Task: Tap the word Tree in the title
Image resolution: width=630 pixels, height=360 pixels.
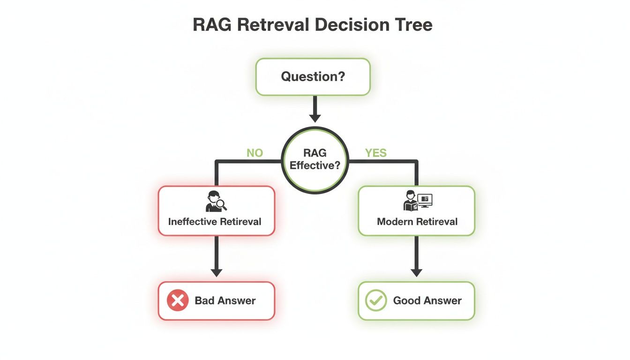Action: [x=412, y=25]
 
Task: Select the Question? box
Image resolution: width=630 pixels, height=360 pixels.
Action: [x=313, y=76]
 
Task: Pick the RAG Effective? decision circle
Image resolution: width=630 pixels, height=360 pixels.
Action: [x=315, y=159]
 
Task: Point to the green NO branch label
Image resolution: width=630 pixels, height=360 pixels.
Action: [x=255, y=153]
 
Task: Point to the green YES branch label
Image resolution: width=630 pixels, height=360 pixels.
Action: [x=375, y=153]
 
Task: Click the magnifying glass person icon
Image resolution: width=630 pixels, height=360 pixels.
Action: [x=216, y=201]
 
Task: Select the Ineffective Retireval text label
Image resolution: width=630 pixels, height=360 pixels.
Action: [x=215, y=221]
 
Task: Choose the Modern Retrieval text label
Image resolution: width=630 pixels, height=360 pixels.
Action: [x=417, y=221]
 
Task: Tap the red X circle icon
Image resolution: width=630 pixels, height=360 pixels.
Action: [x=178, y=300]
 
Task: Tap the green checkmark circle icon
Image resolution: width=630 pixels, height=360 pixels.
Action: [x=376, y=300]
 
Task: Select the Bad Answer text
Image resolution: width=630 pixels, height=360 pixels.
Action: [x=225, y=301]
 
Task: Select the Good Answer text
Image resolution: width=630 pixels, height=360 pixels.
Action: [x=427, y=301]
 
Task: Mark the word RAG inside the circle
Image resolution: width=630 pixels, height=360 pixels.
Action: [x=315, y=153]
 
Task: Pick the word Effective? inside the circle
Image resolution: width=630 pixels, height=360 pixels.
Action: [x=315, y=165]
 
